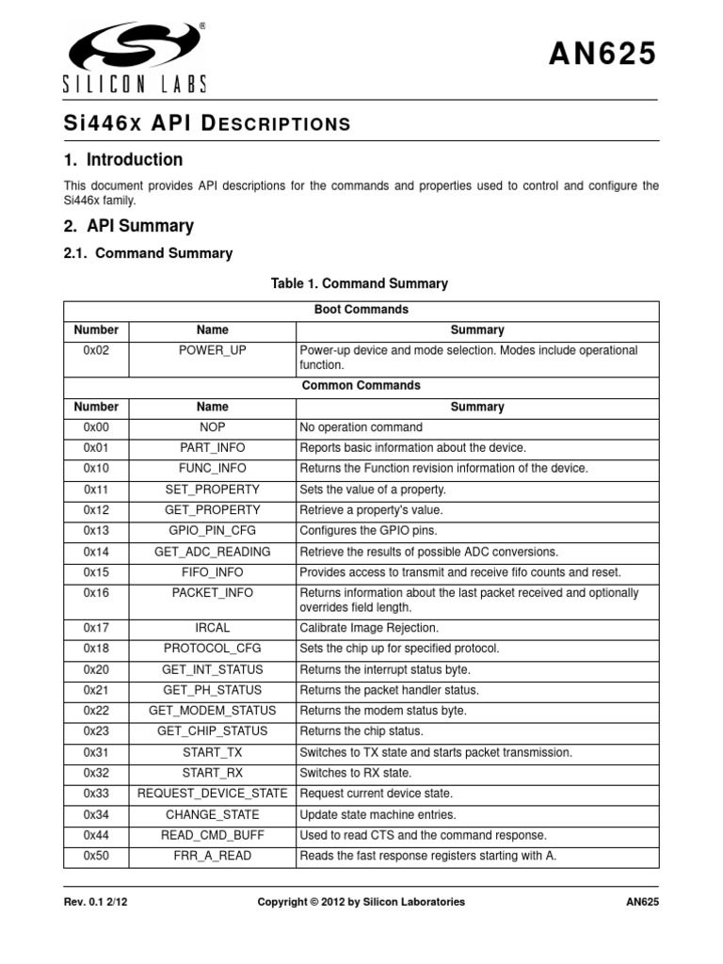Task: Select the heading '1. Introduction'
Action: [123, 159]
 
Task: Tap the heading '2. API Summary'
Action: [128, 226]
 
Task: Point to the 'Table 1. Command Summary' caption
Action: [360, 283]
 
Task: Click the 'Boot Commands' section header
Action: [361, 310]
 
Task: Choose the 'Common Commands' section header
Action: [361, 386]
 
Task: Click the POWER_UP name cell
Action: [213, 350]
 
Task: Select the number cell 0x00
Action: [97, 427]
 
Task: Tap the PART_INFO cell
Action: [213, 448]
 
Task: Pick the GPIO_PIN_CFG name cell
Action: [213, 531]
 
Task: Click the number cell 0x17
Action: [97, 628]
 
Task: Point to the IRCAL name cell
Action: [213, 628]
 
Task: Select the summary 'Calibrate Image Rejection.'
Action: [369, 628]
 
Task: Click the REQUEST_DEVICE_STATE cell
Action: [213, 794]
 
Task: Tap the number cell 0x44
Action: [97, 835]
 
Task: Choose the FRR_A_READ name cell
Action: [213, 856]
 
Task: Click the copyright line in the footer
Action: [361, 902]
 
